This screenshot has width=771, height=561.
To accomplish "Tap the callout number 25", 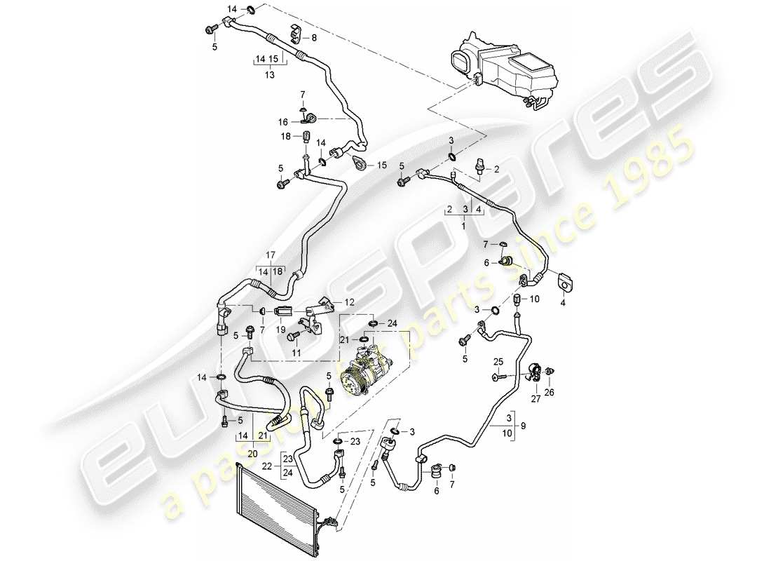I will [498, 362].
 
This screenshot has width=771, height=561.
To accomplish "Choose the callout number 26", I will [550, 392].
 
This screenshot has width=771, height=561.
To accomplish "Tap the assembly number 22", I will [268, 466].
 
